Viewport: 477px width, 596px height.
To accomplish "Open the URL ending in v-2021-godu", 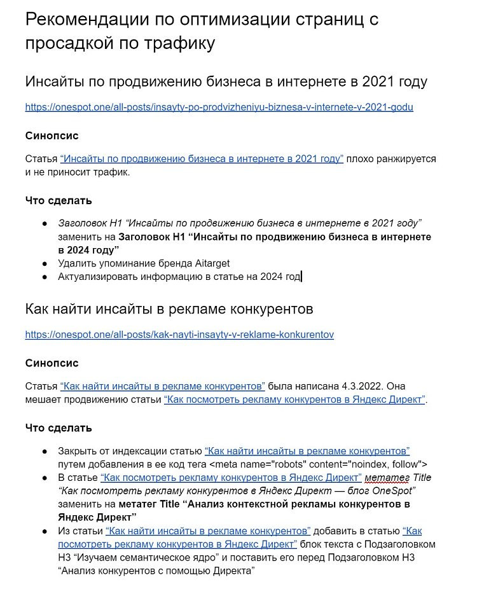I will click(x=219, y=107).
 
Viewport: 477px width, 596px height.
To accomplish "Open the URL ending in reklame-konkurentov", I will click(x=179, y=334).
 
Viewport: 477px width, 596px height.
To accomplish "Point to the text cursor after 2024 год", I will click(x=301, y=277).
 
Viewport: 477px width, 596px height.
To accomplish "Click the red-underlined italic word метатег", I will click(x=388, y=477).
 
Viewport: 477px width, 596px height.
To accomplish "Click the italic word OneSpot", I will click(x=393, y=490).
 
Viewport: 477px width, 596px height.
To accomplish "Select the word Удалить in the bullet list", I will click(x=76, y=263).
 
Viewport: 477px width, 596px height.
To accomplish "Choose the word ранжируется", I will click(x=406, y=158).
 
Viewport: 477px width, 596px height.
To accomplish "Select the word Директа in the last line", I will click(x=230, y=571).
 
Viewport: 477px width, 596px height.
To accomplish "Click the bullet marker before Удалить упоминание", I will click(x=45, y=263).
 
